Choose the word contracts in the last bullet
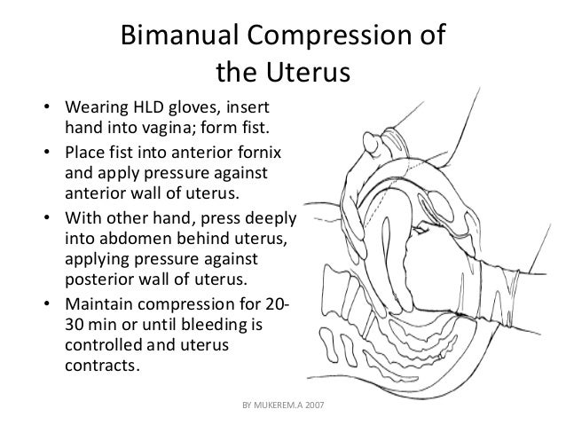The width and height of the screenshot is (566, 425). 102,365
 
